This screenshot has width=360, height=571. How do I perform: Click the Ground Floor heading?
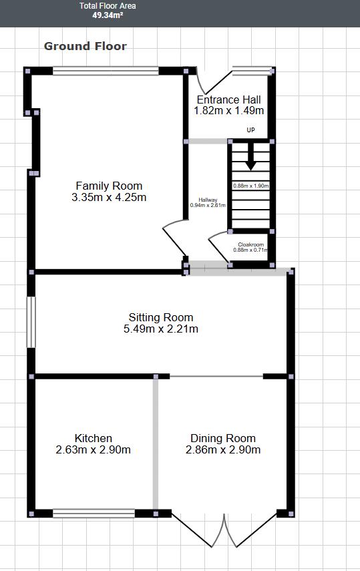(x=85, y=46)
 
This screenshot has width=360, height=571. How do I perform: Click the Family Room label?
(x=109, y=186)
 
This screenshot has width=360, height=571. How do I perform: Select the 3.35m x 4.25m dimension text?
(x=109, y=197)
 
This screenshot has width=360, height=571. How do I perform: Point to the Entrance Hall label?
(x=228, y=100)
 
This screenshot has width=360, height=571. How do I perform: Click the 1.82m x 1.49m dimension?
(x=228, y=111)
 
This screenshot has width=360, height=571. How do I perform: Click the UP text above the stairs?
(x=250, y=130)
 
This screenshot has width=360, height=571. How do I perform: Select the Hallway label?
(x=208, y=200)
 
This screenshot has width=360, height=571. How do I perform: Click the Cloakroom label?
(x=250, y=244)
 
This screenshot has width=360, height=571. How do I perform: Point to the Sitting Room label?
(x=161, y=318)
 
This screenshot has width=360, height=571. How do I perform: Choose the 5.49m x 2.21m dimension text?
(x=161, y=329)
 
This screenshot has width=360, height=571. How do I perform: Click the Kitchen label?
(x=94, y=438)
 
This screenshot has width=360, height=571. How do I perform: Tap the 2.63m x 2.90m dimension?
(x=94, y=449)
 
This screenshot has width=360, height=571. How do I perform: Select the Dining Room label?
(x=223, y=438)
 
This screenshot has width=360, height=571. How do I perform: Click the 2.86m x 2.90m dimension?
(x=223, y=449)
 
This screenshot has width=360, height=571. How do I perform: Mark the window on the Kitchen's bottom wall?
(x=94, y=513)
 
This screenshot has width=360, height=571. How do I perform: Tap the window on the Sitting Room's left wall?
(x=30, y=322)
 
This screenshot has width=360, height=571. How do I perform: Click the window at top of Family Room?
(x=106, y=70)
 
